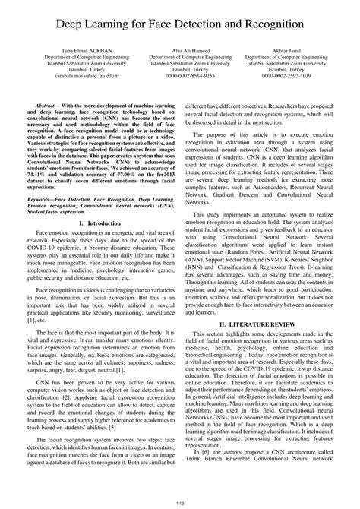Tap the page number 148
pyautogui.click(x=179, y=501)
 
